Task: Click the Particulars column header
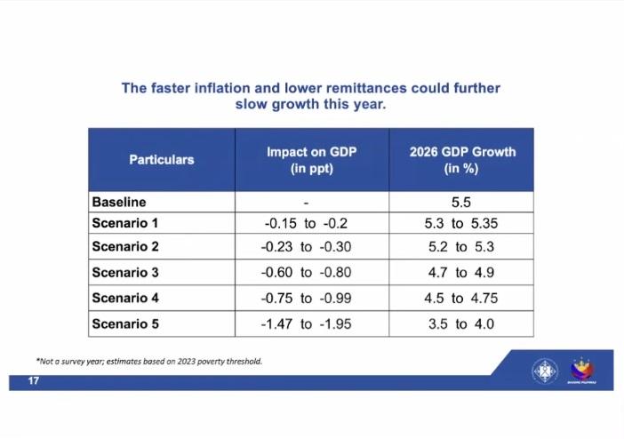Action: click(161, 160)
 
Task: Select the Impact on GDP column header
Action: click(311, 160)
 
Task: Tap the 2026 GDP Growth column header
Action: click(461, 160)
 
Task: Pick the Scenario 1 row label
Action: click(125, 222)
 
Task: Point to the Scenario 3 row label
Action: click(125, 273)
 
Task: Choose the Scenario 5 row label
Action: click(125, 323)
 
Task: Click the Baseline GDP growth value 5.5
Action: click(461, 203)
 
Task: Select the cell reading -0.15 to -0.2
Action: click(306, 222)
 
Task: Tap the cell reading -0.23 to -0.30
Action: click(306, 247)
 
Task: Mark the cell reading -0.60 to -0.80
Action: click(306, 273)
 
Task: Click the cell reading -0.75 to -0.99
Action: click(306, 299)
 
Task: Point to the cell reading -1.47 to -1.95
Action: click(306, 323)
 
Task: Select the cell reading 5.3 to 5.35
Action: click(461, 222)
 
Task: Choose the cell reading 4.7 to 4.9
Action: click(461, 273)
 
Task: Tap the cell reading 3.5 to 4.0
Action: click(461, 323)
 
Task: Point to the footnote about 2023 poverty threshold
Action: click(148, 361)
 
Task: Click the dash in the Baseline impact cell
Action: click(306, 203)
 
